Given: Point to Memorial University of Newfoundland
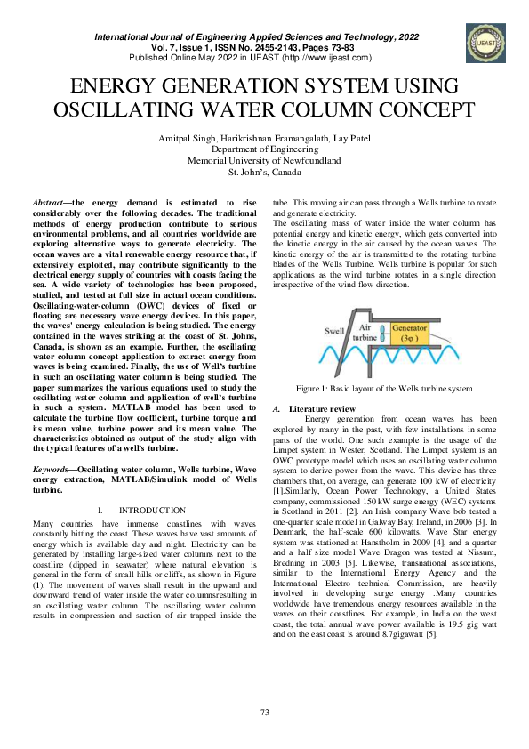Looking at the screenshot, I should [x=264, y=161].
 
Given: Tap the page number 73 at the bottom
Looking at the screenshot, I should [x=264, y=712].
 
